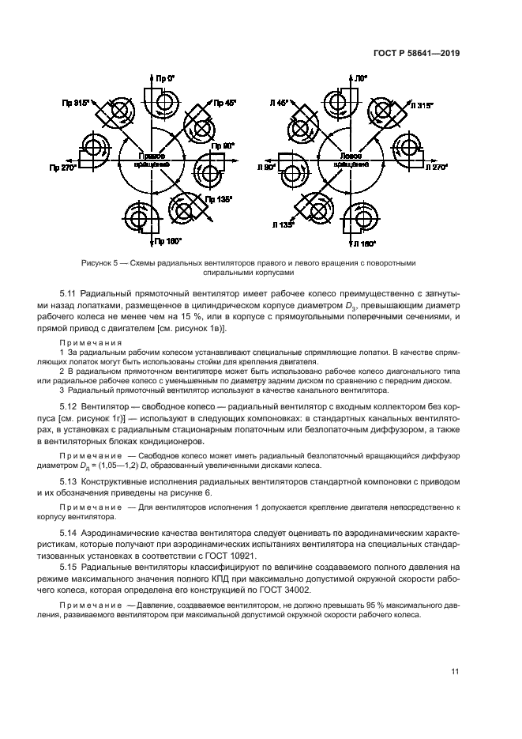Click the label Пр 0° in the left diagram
point(164,80)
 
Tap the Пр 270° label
point(63,168)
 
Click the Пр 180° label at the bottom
point(168,240)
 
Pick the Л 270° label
point(434,168)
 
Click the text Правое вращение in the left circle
point(150,160)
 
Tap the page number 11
point(455,672)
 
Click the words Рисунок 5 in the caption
point(100,263)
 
